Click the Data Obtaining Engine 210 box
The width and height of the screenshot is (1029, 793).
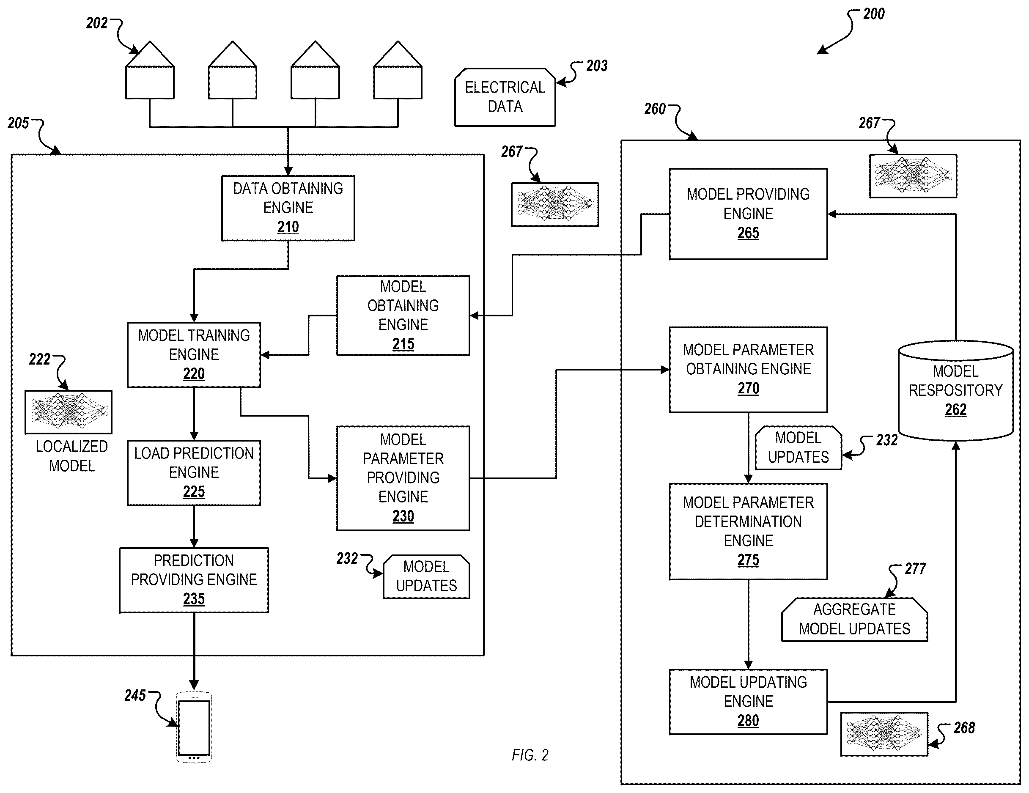point(288,208)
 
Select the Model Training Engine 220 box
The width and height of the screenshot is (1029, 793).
point(194,355)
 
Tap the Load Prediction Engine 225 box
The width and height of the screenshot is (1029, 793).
point(194,472)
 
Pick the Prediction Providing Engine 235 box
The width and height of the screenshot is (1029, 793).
point(194,580)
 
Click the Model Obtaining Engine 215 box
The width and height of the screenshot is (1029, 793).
point(403,315)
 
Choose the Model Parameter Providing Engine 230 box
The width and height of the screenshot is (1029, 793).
point(403,478)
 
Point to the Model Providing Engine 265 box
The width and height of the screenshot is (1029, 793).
point(748,214)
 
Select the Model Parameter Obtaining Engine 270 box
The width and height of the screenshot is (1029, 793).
point(748,369)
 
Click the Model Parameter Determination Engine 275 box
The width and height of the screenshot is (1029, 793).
point(748,532)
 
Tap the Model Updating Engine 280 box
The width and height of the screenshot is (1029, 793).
point(748,702)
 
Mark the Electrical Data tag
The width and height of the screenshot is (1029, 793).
point(505,97)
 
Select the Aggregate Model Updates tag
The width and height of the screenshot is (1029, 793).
point(854,620)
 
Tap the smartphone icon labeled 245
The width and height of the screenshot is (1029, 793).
point(194,727)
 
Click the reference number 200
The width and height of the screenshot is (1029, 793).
point(873,14)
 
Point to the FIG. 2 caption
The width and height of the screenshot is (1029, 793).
point(530,755)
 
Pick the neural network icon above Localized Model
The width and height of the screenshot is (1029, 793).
point(69,412)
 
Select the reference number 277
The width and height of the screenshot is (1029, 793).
point(915,569)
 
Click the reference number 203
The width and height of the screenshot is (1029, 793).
point(596,66)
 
